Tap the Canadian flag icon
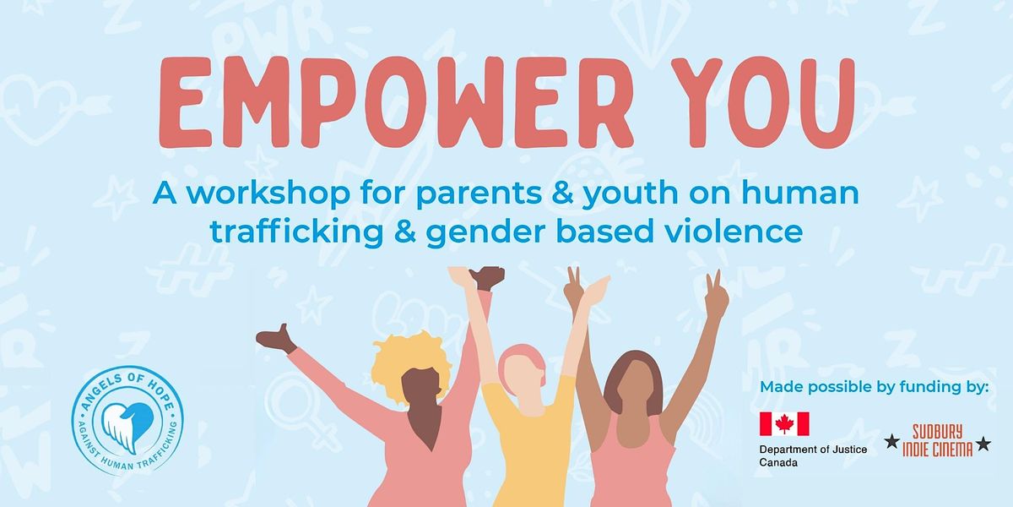click(784, 424)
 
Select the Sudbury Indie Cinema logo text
click(936, 441)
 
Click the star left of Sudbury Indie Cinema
click(891, 441)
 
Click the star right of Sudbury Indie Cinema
click(983, 443)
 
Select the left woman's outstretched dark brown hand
click(276, 339)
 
